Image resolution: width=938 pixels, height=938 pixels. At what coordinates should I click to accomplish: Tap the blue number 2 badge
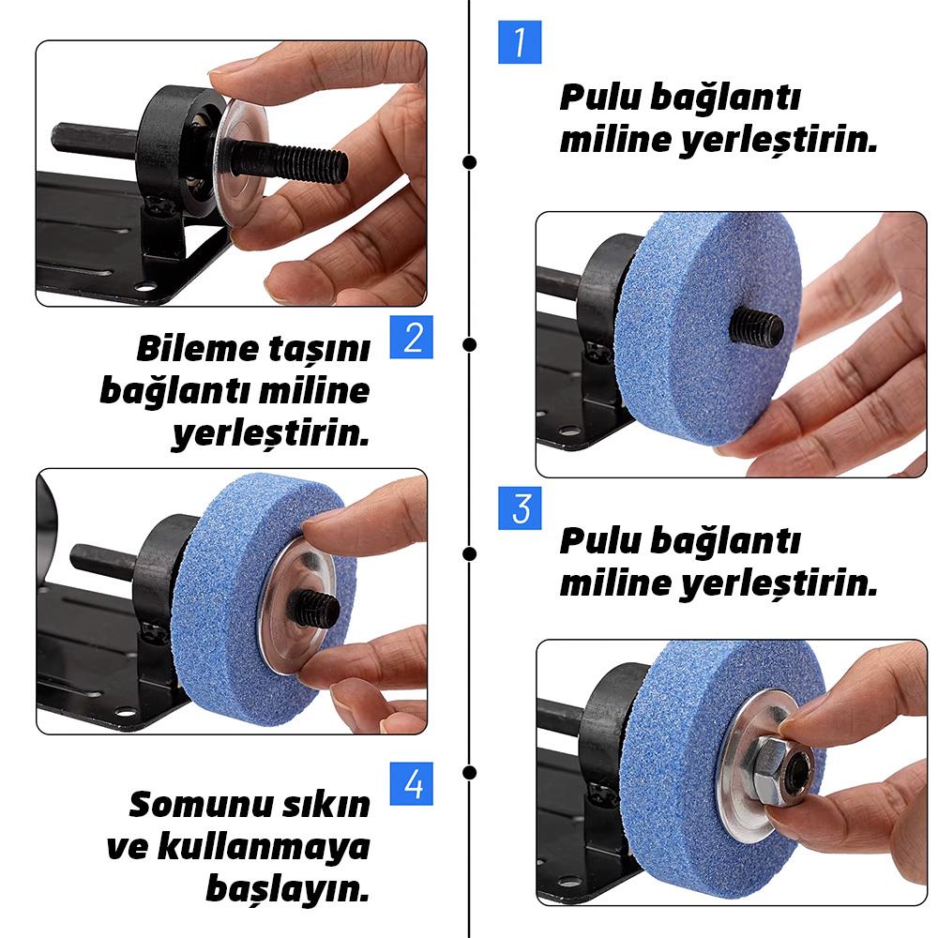(413, 337)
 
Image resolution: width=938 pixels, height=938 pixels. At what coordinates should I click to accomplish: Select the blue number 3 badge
(520, 507)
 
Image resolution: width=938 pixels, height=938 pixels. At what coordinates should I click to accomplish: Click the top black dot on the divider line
(470, 161)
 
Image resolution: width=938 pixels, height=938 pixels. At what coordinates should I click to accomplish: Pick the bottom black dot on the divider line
(470, 772)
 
